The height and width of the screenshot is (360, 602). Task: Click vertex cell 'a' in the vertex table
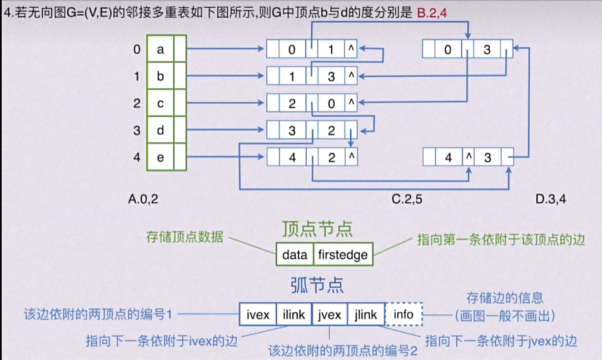(160, 49)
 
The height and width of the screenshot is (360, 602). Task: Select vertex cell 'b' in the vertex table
(160, 76)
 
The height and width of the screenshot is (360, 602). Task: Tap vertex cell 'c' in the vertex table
(160, 103)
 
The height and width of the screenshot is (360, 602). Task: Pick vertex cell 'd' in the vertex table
(160, 131)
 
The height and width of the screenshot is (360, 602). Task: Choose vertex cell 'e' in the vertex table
(160, 157)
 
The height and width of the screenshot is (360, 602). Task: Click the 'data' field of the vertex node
(295, 255)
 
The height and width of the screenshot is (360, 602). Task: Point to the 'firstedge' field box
(342, 255)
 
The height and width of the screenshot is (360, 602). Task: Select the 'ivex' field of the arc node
(257, 314)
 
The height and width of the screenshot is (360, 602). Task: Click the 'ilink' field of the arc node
(294, 314)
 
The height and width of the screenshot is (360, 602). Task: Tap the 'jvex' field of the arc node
(330, 314)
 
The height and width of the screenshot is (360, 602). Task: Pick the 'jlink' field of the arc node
(365, 314)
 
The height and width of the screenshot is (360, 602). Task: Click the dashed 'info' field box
(403, 314)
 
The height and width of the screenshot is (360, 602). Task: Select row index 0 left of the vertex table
(137, 49)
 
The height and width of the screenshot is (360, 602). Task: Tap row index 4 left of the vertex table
(137, 157)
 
